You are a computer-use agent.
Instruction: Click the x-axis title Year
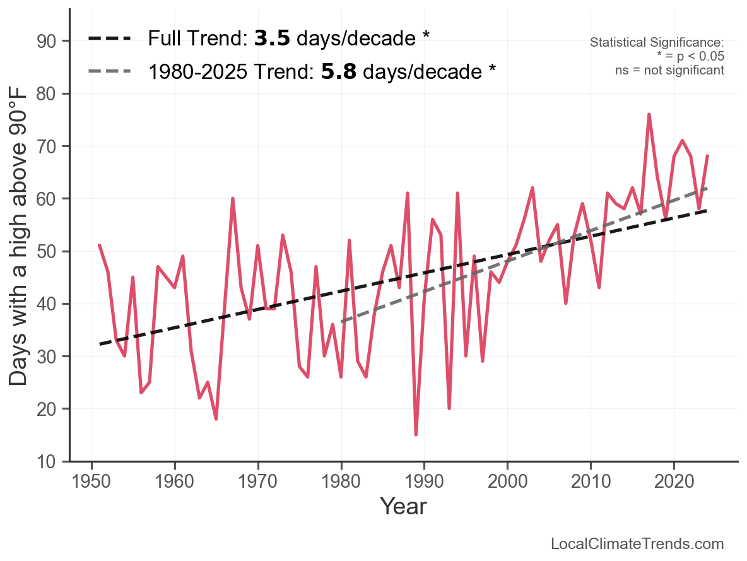[403, 506]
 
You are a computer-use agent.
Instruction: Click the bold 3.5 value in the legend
[272, 38]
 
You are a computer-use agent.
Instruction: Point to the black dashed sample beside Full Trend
[110, 38]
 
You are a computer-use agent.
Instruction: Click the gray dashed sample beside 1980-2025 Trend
[110, 71]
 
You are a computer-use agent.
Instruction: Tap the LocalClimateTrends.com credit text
[637, 544]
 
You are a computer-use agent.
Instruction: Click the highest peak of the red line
[649, 114]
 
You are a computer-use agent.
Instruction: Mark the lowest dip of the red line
[416, 435]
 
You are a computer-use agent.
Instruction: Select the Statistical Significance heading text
[657, 43]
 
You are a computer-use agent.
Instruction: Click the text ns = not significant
[669, 70]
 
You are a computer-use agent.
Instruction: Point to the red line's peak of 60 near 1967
[233, 198]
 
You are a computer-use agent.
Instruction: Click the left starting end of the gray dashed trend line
[341, 322]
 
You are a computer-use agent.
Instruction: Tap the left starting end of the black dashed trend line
[100, 344]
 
